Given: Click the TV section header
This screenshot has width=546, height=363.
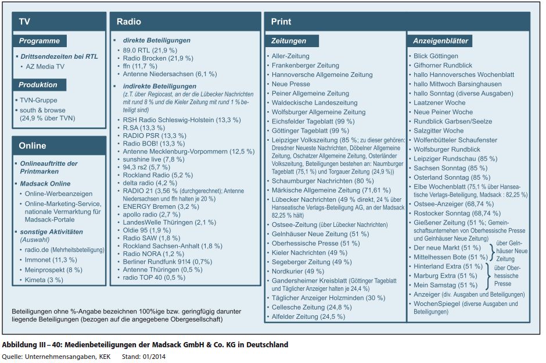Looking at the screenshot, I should click(24, 22).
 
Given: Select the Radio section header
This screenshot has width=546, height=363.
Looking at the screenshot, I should click(129, 22).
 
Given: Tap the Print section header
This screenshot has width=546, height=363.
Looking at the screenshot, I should click(281, 22).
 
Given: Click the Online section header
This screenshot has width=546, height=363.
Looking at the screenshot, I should click(32, 145).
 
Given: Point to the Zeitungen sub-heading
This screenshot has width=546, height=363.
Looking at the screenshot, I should click(289, 41).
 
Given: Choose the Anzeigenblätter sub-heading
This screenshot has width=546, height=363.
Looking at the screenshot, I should click(440, 41).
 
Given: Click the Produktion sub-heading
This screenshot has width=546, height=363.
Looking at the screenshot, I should click(38, 85).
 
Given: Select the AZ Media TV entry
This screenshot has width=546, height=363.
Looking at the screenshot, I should click(46, 67).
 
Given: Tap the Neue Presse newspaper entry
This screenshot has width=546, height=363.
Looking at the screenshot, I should click(291, 84).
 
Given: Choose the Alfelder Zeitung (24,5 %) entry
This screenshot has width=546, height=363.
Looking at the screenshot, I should click(308, 316).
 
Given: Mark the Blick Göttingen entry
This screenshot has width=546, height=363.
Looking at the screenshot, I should click(436, 56).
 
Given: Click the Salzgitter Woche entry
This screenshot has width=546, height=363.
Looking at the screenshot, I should click(439, 131).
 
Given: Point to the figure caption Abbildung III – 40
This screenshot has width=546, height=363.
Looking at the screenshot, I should click(145, 345).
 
